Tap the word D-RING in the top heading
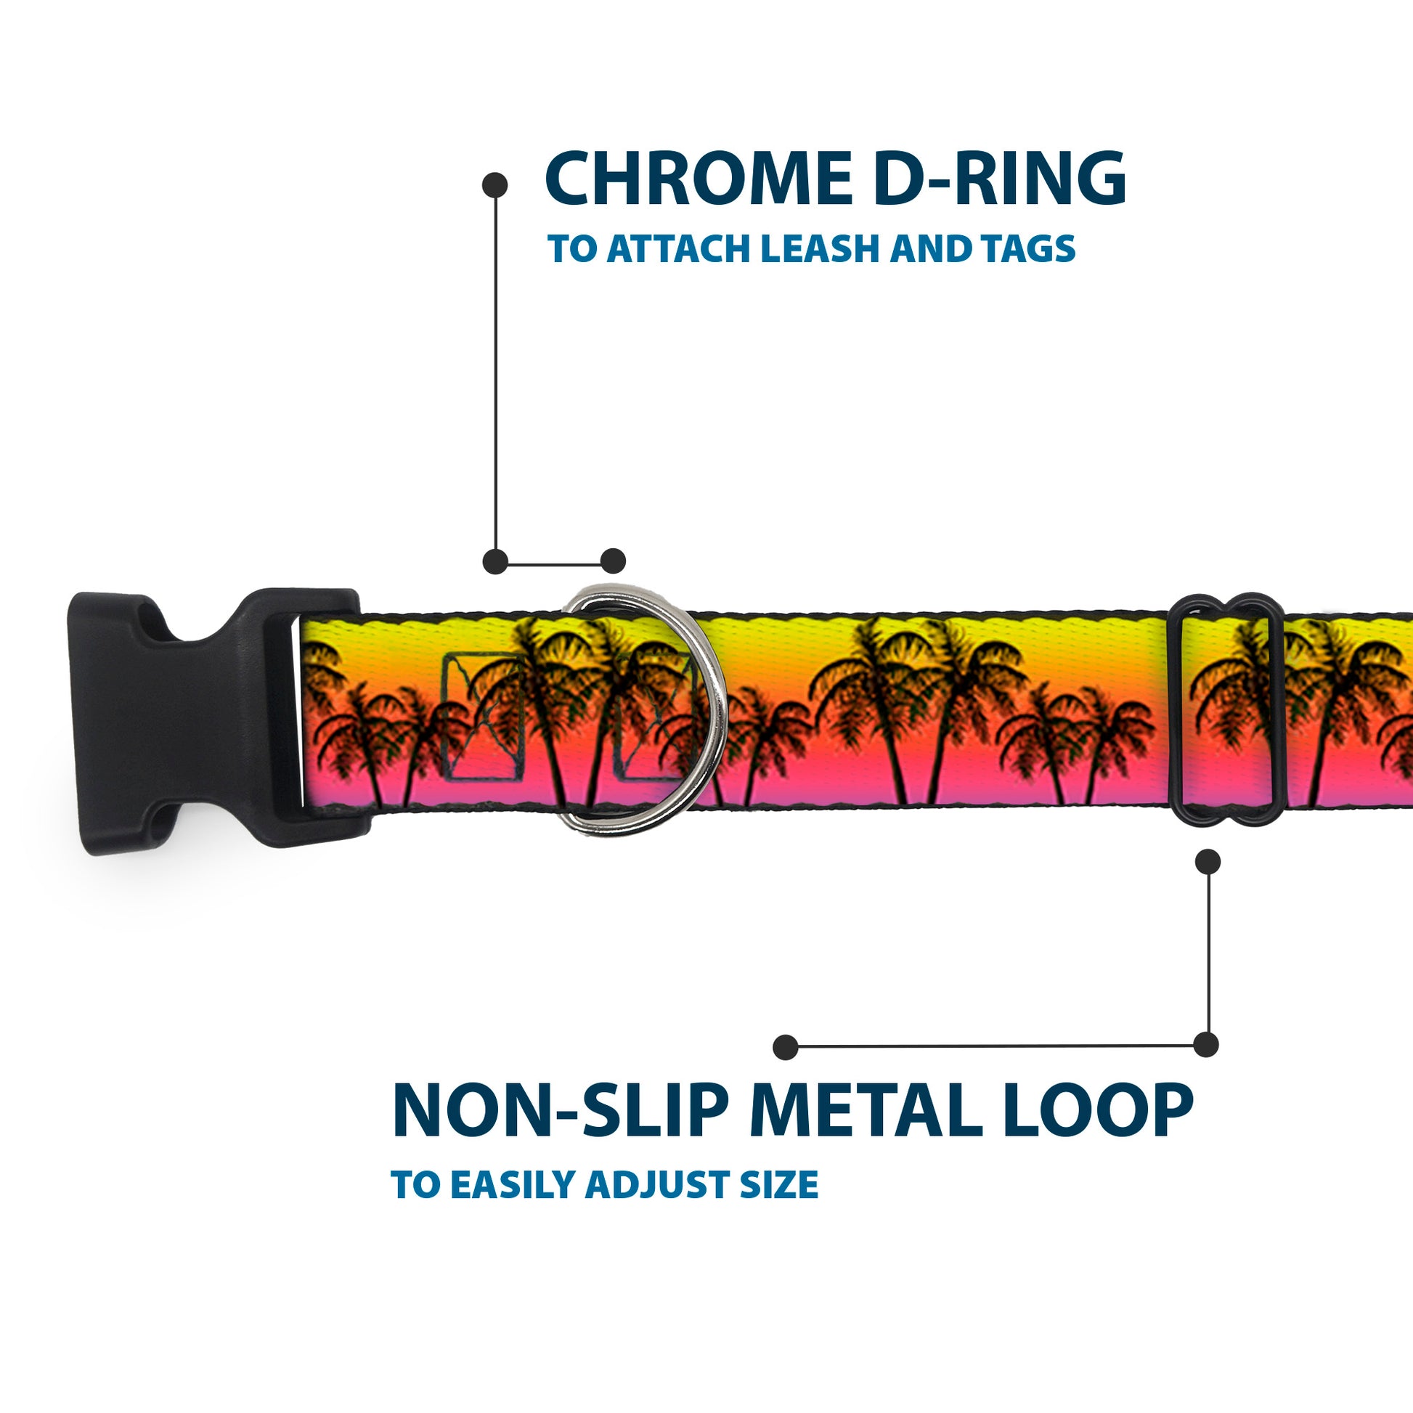click(1000, 179)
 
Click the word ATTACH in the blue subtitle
click(680, 248)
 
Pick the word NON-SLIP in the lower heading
click(561, 1110)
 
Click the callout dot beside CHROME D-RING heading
click(495, 185)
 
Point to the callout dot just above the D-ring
click(613, 562)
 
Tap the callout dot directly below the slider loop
click(1208, 862)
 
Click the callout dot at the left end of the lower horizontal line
click(786, 1047)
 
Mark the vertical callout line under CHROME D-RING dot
click(496, 373)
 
